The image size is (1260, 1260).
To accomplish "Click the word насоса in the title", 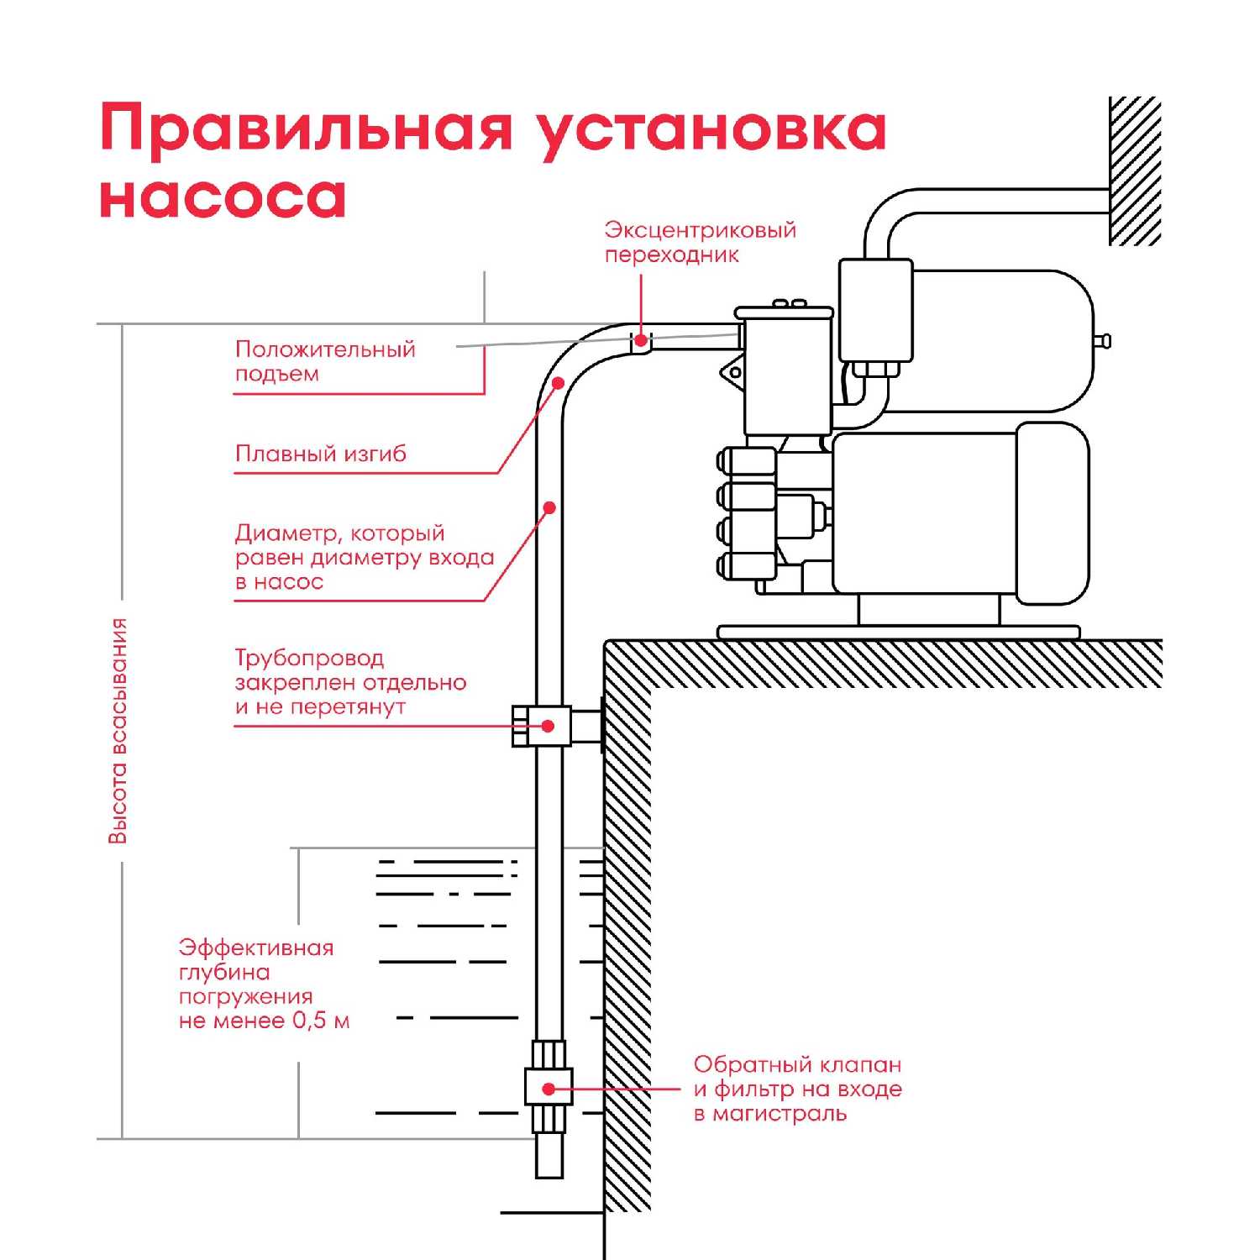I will (223, 197).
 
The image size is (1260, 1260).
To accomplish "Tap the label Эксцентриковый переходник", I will (700, 242).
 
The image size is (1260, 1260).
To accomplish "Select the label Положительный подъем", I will (325, 361).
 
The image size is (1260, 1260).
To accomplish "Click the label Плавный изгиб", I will (320, 454).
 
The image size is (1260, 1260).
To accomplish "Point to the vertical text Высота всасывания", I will (118, 730).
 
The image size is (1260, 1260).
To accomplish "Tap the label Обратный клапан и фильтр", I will (797, 1089).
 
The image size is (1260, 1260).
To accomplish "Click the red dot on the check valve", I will (549, 1089).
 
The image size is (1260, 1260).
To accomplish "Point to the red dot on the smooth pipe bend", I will (559, 383).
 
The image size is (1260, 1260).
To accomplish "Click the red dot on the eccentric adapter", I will (641, 340).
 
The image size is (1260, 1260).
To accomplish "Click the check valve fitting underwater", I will (549, 1088).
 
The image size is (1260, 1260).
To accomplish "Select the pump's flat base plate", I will (898, 632).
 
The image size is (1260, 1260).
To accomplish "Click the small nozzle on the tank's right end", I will (1104, 341).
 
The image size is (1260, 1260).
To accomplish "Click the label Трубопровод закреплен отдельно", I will (350, 682).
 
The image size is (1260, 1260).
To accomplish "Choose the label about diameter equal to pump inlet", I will (364, 557).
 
